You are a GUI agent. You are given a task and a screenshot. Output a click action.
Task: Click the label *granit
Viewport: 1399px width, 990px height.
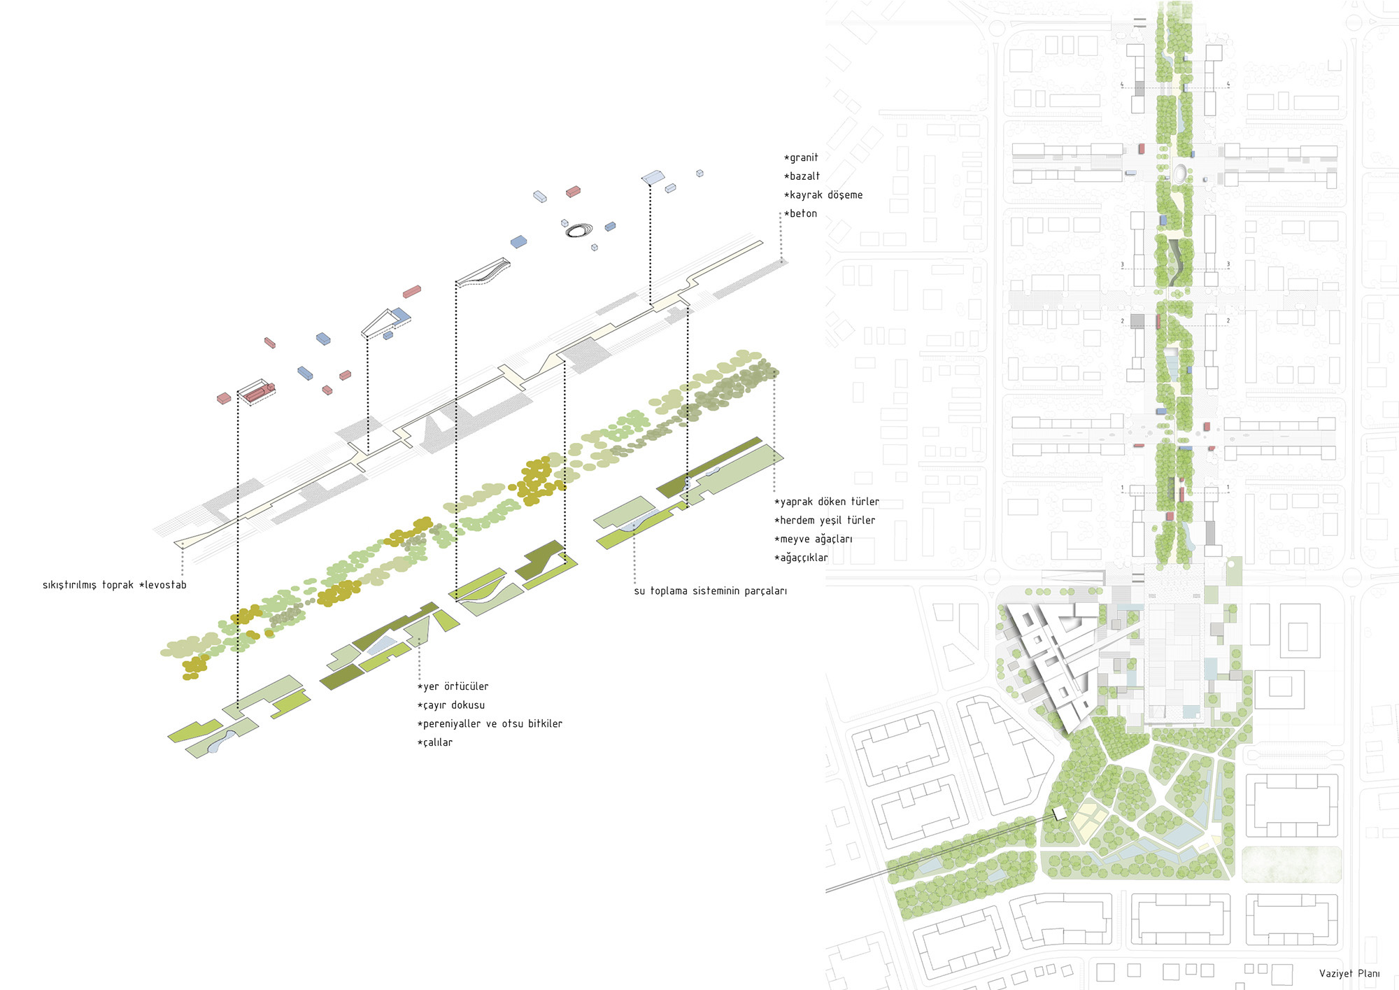(801, 158)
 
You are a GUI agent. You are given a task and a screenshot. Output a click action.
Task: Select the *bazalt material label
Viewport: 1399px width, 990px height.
(802, 176)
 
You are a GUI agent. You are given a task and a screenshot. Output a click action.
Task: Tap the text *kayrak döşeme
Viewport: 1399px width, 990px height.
(823, 195)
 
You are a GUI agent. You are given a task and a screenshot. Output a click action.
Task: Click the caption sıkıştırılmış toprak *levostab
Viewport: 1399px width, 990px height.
(115, 585)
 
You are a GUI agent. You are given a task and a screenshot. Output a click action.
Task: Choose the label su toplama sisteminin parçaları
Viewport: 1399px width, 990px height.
(710, 591)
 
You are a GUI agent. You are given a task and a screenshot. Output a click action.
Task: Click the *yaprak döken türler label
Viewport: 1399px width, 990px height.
(827, 502)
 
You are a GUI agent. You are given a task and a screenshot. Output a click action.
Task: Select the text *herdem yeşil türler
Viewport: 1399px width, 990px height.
(825, 521)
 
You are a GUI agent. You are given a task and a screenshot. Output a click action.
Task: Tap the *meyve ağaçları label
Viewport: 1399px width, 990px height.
(814, 539)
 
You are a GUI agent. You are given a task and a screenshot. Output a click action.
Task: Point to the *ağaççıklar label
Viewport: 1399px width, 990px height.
(802, 558)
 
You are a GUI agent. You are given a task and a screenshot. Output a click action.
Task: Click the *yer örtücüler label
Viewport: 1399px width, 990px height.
(453, 687)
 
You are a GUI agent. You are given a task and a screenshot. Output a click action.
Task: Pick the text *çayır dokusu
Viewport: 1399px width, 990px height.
(451, 705)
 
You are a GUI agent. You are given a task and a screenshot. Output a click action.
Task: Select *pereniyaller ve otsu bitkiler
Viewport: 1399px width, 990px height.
(490, 724)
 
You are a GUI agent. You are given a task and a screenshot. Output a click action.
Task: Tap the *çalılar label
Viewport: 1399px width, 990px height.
(435, 743)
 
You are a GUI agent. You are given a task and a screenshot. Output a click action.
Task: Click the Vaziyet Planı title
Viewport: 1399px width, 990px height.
(1349, 974)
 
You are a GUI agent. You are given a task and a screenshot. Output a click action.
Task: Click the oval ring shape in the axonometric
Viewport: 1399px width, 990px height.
(579, 229)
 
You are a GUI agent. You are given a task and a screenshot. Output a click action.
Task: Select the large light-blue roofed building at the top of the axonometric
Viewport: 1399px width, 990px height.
(653, 177)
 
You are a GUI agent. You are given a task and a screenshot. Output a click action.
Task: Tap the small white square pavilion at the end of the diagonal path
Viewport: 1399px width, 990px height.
(1059, 812)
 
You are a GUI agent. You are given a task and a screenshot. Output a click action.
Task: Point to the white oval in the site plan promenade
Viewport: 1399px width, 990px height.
(1180, 172)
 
